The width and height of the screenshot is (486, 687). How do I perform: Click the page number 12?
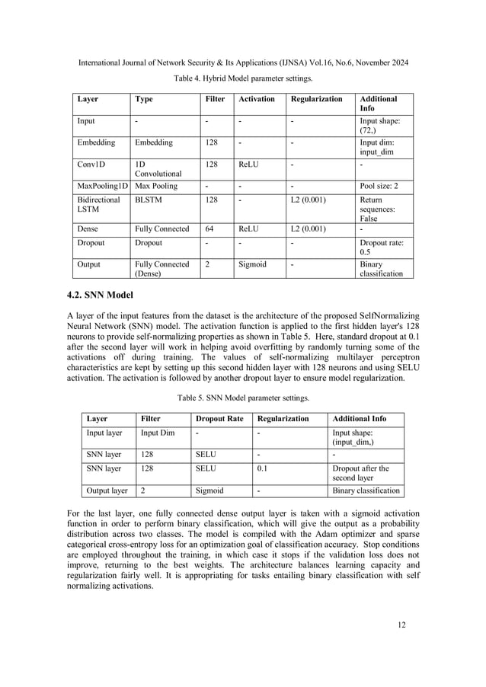[401, 625]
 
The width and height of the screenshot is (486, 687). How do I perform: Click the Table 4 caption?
[242, 78]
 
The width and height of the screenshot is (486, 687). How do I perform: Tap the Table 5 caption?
[242, 398]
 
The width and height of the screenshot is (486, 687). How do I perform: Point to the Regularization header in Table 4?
[317, 99]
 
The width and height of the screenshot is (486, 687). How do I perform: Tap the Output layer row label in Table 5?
[107, 490]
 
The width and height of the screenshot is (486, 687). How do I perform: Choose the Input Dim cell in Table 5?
[158, 433]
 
